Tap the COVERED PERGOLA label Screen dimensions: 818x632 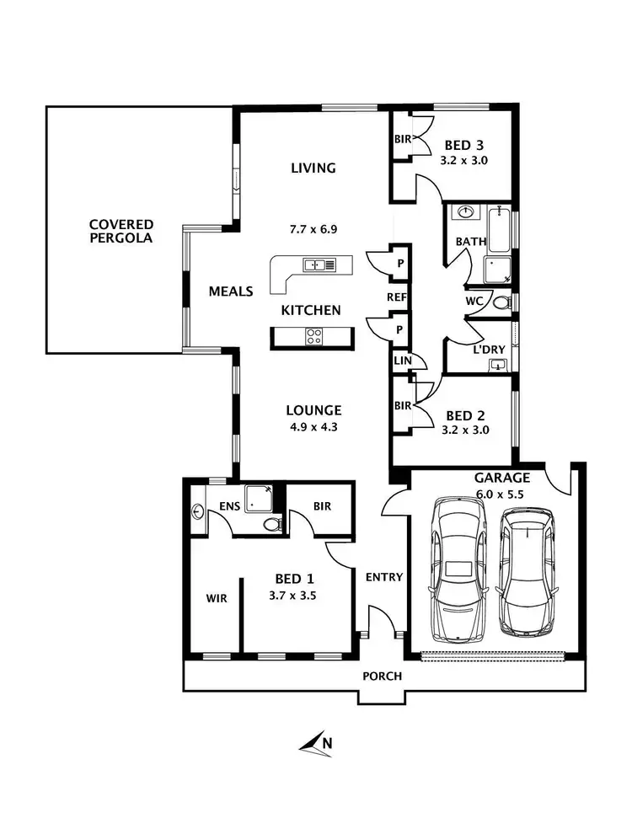coord(121,231)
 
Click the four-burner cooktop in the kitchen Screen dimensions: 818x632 coord(313,337)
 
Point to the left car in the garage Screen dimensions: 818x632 coord(458,569)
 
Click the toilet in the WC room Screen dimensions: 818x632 coord(501,302)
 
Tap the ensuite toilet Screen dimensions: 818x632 coord(271,524)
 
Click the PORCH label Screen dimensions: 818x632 coord(382,676)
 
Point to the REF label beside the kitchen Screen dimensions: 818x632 coord(397,297)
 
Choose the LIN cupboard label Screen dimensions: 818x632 coord(401,361)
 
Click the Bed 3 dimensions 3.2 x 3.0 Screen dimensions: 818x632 coord(464,159)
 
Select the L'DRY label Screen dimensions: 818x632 coord(488,348)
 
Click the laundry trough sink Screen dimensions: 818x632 coord(498,364)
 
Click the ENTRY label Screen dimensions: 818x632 coord(383,577)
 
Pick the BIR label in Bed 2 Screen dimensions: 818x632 coord(403,405)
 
